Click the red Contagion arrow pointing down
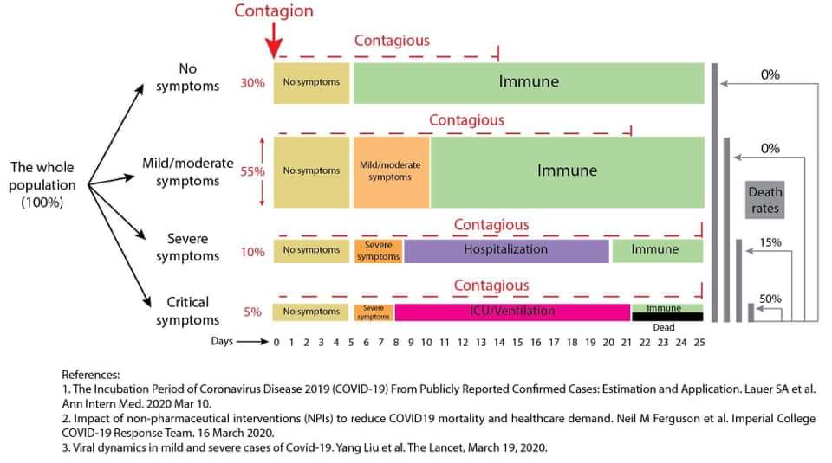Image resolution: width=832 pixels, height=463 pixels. click(x=274, y=40)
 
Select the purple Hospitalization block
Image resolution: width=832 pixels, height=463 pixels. click(x=506, y=251)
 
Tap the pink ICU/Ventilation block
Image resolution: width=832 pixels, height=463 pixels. click(x=512, y=312)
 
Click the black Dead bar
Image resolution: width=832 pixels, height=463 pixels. click(x=667, y=317)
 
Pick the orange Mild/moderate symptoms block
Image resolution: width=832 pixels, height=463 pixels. click(x=391, y=172)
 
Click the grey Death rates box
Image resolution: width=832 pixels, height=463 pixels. click(x=764, y=200)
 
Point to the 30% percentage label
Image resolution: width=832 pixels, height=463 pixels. click(x=252, y=82)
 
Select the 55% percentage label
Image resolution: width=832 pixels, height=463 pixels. click(x=252, y=171)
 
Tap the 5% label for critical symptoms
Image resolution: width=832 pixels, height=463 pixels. click(x=252, y=312)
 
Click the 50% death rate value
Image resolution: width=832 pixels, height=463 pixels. click(x=770, y=299)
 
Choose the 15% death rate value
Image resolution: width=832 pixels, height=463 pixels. click(x=770, y=242)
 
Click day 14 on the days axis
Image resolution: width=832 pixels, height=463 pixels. click(x=499, y=342)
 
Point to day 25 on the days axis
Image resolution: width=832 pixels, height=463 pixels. click(x=699, y=342)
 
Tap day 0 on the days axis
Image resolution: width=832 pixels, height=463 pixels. click(x=276, y=342)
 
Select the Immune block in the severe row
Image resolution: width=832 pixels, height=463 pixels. click(x=658, y=251)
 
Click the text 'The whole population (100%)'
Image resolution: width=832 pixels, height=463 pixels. click(x=42, y=185)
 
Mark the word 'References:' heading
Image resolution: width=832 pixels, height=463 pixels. click(x=91, y=375)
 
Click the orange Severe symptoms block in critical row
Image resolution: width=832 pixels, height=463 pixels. click(x=374, y=312)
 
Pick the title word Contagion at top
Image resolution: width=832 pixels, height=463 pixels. click(x=274, y=11)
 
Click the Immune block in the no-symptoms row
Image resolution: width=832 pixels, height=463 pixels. click(x=529, y=82)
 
